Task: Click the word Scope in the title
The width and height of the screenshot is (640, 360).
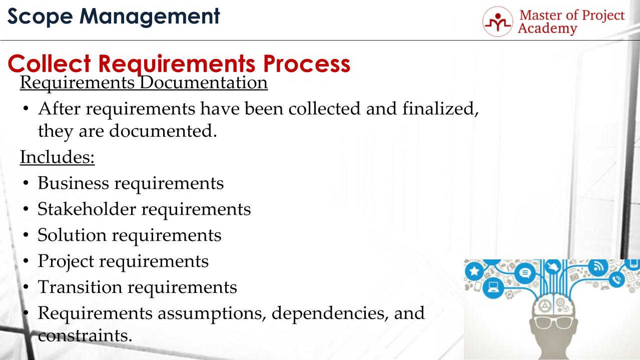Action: pyautogui.click(x=40, y=17)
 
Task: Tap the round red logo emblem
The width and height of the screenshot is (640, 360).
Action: pyautogui.click(x=498, y=22)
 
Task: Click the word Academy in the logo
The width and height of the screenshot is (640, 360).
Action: pyautogui.click(x=547, y=29)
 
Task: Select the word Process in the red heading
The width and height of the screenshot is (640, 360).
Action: pyautogui.click(x=307, y=64)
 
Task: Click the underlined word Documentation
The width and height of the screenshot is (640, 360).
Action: pyautogui.click(x=204, y=83)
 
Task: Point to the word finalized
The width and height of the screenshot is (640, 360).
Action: pyautogui.click(x=440, y=109)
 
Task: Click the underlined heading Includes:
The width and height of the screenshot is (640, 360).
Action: pyautogui.click(x=57, y=157)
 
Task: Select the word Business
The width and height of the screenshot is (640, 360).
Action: pyautogui.click(x=74, y=183)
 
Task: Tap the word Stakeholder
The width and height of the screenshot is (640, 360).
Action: pyautogui.click(x=87, y=209)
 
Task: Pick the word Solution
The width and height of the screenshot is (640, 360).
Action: pyautogui.click(x=72, y=235)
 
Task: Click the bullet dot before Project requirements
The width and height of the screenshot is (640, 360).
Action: pyautogui.click(x=26, y=261)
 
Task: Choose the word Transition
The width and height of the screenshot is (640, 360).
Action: pyautogui.click(x=80, y=287)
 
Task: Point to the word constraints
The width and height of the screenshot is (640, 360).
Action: pyautogui.click(x=85, y=335)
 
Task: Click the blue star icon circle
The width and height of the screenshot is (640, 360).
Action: pyautogui.click(x=474, y=270)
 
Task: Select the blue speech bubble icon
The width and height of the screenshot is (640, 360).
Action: pyautogui.click(x=525, y=273)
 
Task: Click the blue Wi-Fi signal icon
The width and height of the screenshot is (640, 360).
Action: pyautogui.click(x=598, y=267)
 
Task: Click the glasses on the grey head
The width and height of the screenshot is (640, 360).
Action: pyautogui.click(x=553, y=322)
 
